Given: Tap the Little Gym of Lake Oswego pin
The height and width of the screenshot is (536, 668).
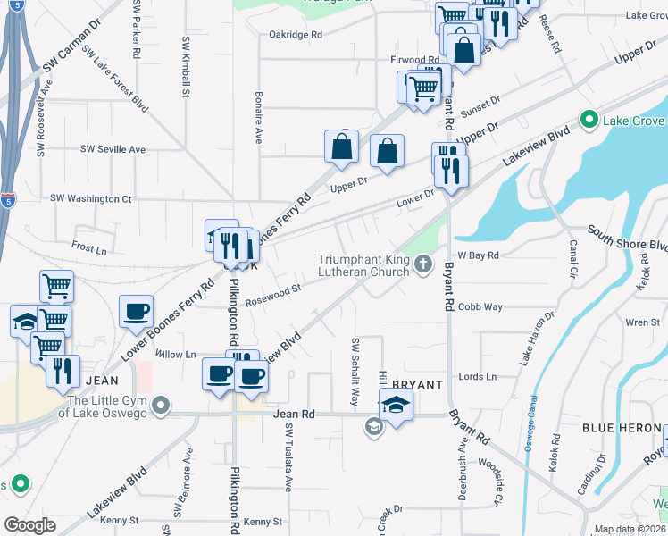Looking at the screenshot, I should tap(161, 407).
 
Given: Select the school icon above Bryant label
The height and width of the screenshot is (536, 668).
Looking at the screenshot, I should tap(396, 404).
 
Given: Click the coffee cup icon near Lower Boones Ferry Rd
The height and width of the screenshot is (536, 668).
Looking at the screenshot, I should tap(135, 311).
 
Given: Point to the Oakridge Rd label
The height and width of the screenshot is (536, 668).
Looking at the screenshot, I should tap(295, 35).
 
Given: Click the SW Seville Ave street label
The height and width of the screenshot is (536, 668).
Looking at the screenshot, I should tap(110, 149).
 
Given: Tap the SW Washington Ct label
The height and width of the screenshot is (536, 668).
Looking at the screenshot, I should tap(91, 198).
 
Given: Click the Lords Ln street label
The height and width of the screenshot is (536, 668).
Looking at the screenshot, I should tap(477, 377).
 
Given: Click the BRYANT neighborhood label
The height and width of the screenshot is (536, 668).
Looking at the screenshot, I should tap(417, 385).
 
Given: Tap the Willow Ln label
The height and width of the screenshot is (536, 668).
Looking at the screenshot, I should tap(175, 355).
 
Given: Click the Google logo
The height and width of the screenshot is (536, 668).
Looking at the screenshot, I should tap(29, 525).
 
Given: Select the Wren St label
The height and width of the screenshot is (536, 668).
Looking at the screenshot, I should tap(637, 322).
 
